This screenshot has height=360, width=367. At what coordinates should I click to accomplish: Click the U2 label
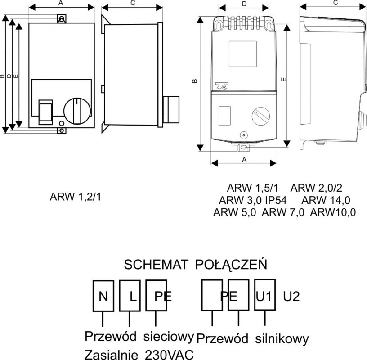tap(291, 296)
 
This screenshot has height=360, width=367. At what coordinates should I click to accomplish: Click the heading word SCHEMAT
tap(156, 265)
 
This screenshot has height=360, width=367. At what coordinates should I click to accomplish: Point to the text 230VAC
tap(170, 355)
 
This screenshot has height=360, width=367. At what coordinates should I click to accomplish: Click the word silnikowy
tap(282, 339)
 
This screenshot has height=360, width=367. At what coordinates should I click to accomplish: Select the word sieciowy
tap(169, 337)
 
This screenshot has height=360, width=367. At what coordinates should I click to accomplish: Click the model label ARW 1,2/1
tap(76, 197)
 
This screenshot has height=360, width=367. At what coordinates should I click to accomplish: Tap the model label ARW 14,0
tap(326, 200)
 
